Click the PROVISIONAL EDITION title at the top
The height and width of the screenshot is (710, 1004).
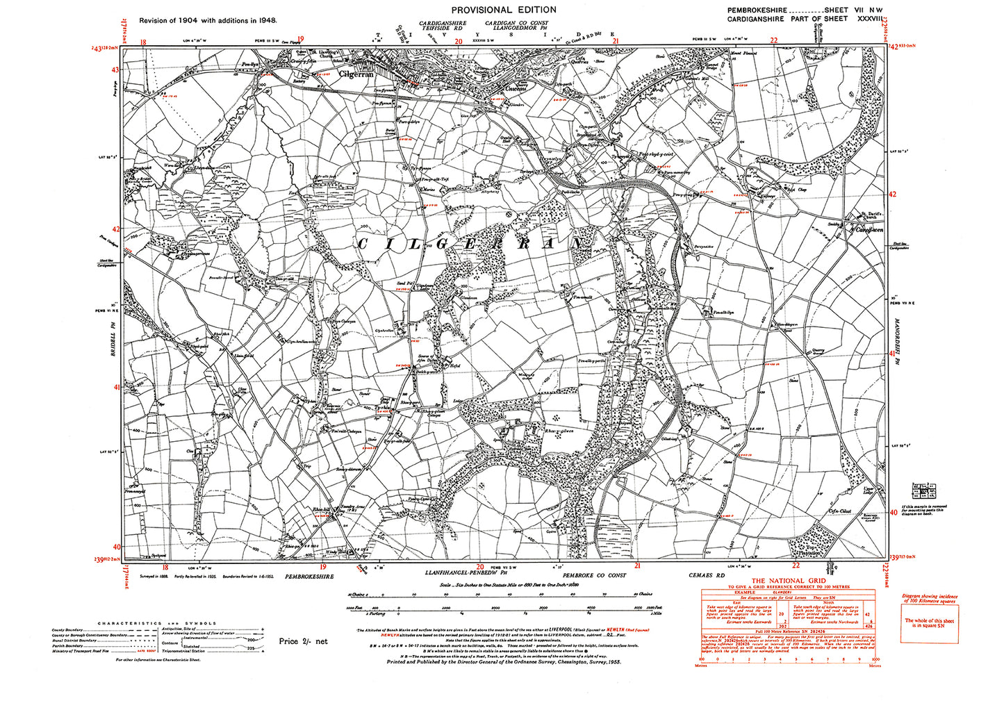coord(504,10)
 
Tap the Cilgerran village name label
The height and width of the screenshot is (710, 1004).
coord(356,74)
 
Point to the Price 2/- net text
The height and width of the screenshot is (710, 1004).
coord(303,641)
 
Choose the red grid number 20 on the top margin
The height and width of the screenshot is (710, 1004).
coord(458,41)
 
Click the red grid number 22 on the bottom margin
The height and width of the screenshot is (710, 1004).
coord(796,565)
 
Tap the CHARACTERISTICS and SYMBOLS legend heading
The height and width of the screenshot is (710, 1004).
coord(157,623)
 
